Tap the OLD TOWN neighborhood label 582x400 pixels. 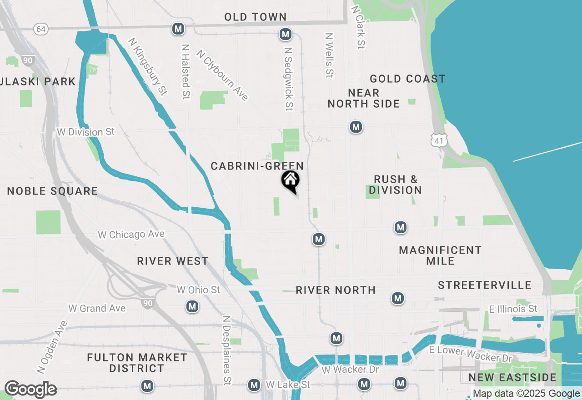[x=256, y=17]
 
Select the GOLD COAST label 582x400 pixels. [x=407, y=79]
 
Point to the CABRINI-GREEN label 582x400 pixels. [x=257, y=166]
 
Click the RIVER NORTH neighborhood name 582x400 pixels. [x=336, y=290]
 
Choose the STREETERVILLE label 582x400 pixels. [x=485, y=285]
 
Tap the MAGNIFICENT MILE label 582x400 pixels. [x=440, y=255]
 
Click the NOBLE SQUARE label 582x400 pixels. [x=52, y=191]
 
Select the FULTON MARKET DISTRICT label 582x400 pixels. [x=137, y=363]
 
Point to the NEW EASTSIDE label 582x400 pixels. [x=512, y=378]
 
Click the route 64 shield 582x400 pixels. [x=41, y=29]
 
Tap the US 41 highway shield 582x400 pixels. [x=439, y=141]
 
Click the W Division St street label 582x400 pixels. [x=86, y=132]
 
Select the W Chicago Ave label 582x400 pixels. [x=131, y=235]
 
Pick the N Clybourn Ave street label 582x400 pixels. [x=222, y=75]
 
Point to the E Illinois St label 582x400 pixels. [x=513, y=309]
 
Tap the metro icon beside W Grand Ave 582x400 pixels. [x=192, y=307]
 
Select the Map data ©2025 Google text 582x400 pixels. [x=527, y=394]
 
